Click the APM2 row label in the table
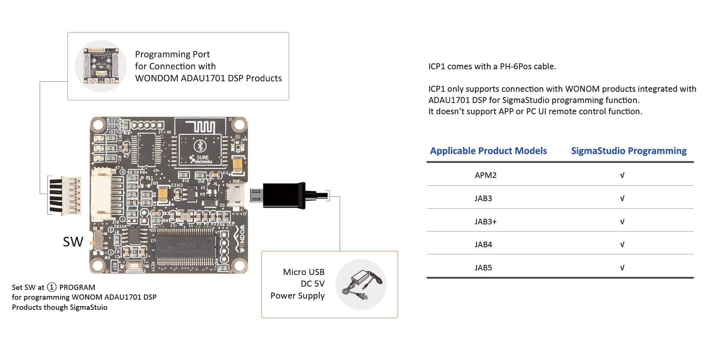[x=485, y=175]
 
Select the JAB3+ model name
[x=485, y=222]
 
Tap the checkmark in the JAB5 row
[x=622, y=268]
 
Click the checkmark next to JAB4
[x=622, y=245]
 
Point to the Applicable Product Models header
[x=488, y=151]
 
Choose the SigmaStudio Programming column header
[x=629, y=151]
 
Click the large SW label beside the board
[x=73, y=242]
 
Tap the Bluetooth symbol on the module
[x=200, y=146]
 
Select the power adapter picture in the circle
[x=361, y=285]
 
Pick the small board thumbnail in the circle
[x=100, y=66]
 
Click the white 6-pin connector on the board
[x=101, y=194]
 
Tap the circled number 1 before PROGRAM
[x=52, y=287]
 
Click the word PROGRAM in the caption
[x=77, y=287]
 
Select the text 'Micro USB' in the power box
[x=303, y=272]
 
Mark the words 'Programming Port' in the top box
[x=172, y=54]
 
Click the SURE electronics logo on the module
[x=201, y=159]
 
